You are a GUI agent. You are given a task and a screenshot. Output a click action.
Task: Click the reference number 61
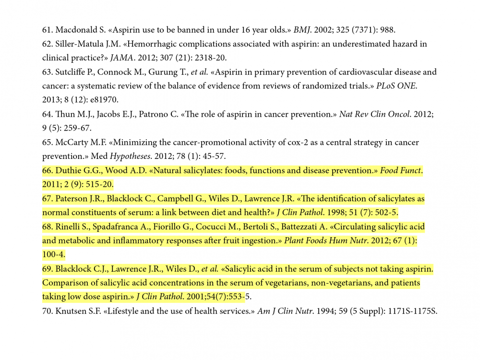coord(47,30)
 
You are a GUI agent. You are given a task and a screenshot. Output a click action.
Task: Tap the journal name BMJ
coord(302,30)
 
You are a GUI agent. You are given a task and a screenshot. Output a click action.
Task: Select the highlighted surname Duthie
coord(69,171)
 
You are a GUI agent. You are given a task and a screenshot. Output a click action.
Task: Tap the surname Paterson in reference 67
coord(73,199)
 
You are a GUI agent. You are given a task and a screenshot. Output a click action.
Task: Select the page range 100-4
coord(53,254)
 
